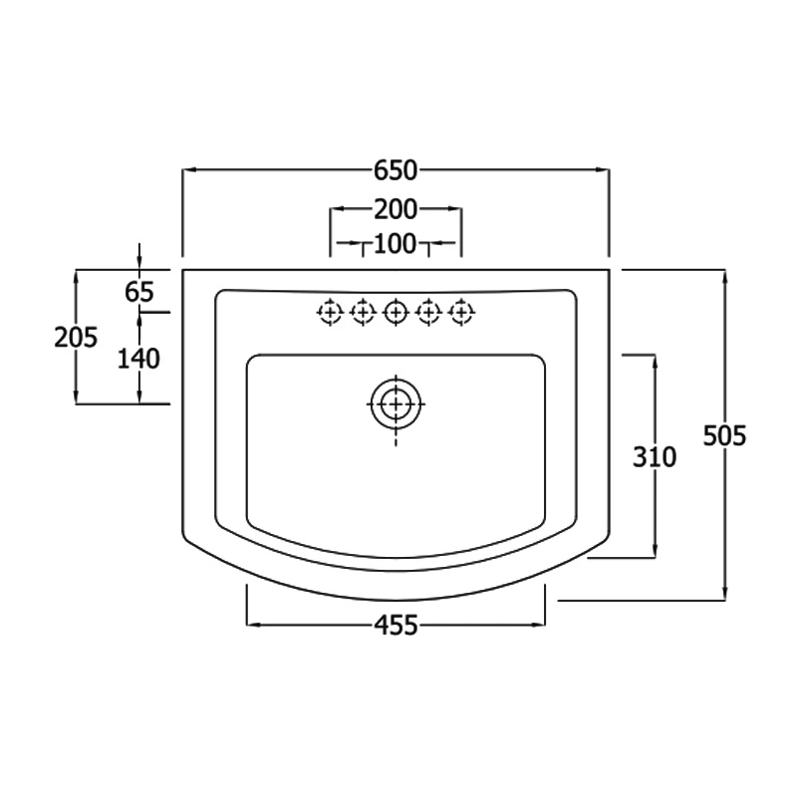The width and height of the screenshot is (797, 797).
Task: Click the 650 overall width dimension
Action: tap(396, 170)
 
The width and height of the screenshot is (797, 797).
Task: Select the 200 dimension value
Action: tap(396, 209)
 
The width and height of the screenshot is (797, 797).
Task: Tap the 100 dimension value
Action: tap(396, 242)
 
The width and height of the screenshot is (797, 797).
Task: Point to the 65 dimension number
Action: tap(140, 292)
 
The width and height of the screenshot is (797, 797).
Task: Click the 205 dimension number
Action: tap(76, 337)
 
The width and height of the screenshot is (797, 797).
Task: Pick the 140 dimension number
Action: tap(138, 359)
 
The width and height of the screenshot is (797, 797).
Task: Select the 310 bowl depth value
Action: tap(655, 457)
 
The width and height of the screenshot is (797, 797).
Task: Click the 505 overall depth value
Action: tap(724, 435)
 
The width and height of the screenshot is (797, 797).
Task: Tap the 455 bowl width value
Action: tap(396, 625)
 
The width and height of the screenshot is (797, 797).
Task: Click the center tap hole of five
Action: tap(396, 312)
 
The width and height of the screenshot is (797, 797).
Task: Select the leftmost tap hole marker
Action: tap(330, 312)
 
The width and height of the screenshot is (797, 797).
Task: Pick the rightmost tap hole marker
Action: tap(460, 312)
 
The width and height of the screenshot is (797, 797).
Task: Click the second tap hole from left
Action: tap(363, 312)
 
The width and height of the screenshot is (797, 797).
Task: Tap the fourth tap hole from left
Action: tap(428, 312)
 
